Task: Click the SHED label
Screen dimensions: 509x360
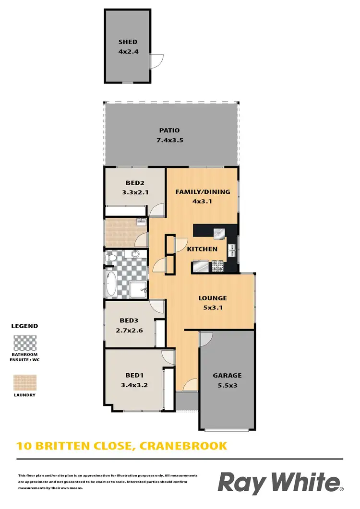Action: [128, 42]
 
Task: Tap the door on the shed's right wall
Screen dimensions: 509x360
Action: [154, 61]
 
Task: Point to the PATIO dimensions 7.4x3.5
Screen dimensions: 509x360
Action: [170, 141]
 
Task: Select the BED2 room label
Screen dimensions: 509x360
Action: [135, 183]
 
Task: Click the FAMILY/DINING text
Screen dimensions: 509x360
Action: [202, 192]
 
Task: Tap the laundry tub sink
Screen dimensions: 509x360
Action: [141, 222]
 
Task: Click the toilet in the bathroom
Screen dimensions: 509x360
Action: [110, 258]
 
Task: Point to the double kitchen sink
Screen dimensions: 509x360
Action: [231, 250]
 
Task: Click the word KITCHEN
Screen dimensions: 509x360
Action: [202, 249]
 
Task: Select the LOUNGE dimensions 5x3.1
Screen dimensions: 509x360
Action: [212, 307]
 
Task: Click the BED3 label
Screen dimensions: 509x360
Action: [129, 321]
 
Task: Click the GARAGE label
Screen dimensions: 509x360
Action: [227, 375]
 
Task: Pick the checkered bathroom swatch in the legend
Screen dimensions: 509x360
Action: [24, 344]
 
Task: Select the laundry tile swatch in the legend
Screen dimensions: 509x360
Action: [24, 382]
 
